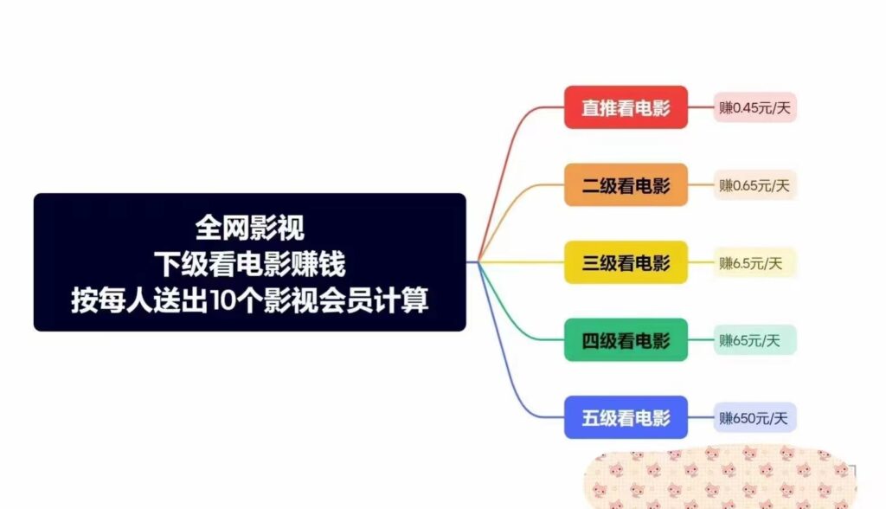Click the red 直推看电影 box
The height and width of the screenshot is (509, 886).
coord(626,107)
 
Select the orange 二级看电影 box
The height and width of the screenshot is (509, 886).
coord(626,184)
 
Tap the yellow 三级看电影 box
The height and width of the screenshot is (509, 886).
coord(626,262)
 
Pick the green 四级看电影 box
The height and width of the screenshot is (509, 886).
coord(626,340)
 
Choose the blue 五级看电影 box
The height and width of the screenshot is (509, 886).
coord(626,417)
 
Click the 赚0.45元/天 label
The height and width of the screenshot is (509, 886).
coord(754,107)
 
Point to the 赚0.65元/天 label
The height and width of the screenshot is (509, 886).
coord(754,184)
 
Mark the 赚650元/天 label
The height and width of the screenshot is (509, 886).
coord(754,418)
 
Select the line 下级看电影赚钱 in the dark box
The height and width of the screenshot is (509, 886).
coord(249,263)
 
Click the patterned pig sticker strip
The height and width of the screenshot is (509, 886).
coord(718,478)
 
